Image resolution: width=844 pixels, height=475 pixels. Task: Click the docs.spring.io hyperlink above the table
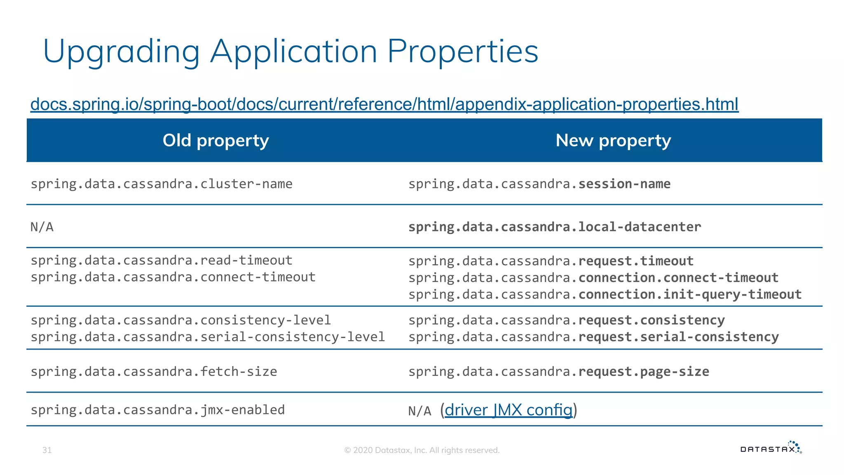click(x=384, y=104)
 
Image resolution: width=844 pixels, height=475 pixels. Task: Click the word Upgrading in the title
click(x=121, y=52)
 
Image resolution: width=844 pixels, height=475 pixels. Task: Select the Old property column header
click(x=216, y=141)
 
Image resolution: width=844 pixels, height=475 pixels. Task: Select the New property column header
click(x=613, y=141)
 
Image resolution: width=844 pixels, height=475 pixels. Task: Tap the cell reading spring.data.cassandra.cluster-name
click(x=161, y=184)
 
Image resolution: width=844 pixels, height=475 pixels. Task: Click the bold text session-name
click(x=624, y=184)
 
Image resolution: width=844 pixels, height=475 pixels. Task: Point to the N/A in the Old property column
click(x=42, y=227)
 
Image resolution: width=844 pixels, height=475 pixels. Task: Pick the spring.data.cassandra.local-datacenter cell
click(x=554, y=227)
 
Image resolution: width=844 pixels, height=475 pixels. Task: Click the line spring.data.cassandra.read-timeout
click(x=161, y=261)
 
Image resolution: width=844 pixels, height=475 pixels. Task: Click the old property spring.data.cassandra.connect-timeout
click(x=173, y=277)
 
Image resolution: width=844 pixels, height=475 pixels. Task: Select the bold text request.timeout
click(x=635, y=261)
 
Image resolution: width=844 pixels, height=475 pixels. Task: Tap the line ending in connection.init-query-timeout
click(x=605, y=294)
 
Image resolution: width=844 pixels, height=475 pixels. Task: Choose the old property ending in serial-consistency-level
click(x=208, y=337)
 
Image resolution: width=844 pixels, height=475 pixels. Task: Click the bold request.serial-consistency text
click(x=678, y=337)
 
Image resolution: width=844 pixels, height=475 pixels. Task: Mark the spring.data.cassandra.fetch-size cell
click(x=154, y=372)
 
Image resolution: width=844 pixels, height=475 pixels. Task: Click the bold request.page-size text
click(x=643, y=372)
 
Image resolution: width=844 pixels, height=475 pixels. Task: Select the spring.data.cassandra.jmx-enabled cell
click(x=157, y=410)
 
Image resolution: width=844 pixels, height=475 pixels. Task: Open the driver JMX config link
click(x=508, y=410)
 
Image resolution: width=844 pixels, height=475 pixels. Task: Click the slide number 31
click(x=47, y=450)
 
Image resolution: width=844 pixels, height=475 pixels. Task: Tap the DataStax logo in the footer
click(x=770, y=448)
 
